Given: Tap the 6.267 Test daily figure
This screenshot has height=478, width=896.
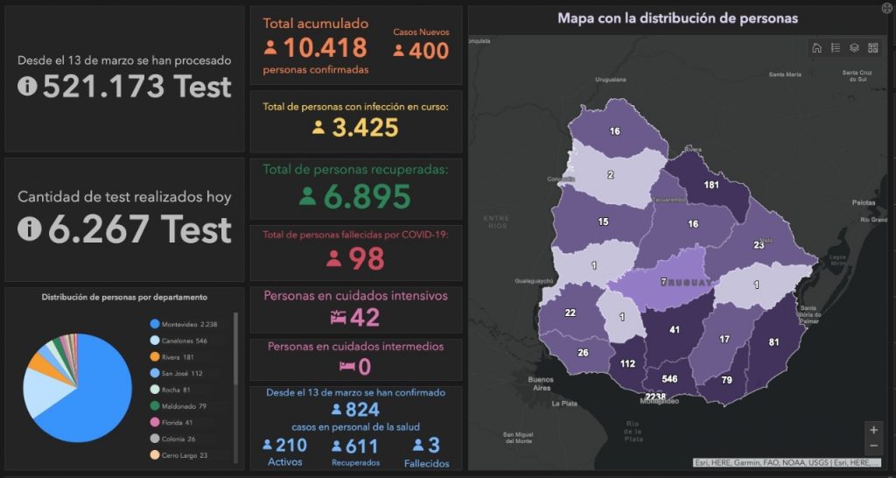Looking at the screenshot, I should [138, 228].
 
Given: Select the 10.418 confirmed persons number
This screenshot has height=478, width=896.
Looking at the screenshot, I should [325, 49].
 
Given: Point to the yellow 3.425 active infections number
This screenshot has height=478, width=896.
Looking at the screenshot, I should [365, 128].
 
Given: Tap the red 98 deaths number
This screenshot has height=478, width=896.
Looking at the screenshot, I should [366, 258].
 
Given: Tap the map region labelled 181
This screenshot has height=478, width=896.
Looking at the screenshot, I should [711, 185].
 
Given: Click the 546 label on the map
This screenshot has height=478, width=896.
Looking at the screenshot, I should [669, 379].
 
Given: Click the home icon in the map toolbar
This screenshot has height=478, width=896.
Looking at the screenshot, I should [816, 48].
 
